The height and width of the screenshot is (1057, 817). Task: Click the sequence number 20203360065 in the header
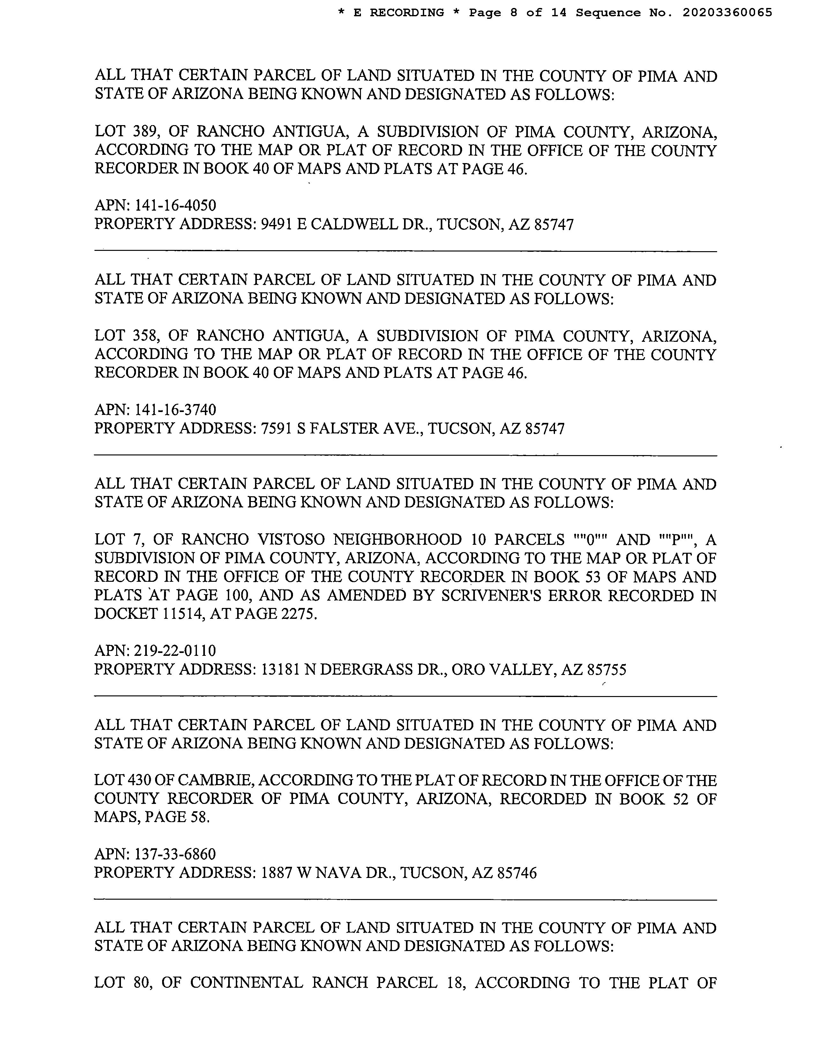727,13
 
